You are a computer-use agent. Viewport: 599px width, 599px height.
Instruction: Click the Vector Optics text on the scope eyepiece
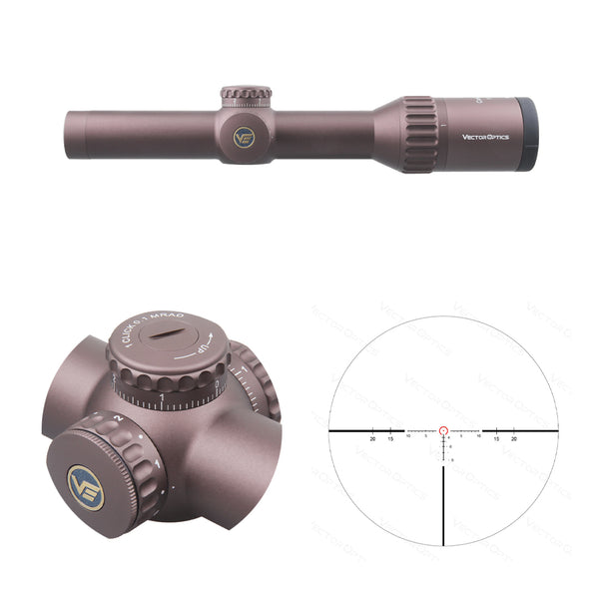485,137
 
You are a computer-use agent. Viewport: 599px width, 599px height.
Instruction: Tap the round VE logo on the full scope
244,137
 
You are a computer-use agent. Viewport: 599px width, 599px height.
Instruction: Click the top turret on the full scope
246,97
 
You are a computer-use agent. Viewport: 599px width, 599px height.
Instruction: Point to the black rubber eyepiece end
527,132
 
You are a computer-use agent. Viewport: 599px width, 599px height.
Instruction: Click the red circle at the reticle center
443,430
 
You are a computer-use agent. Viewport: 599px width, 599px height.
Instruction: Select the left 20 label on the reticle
372,438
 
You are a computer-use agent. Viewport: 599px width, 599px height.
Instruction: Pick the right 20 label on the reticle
514,438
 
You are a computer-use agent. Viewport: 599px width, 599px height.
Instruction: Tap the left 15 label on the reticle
390,438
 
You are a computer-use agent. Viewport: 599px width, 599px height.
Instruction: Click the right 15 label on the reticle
496,438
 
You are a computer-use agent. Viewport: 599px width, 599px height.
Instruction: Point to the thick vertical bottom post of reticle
443,509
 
